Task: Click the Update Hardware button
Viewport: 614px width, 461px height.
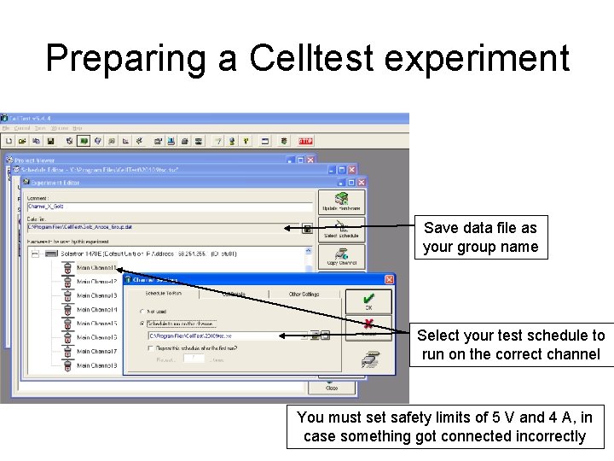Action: [x=342, y=201]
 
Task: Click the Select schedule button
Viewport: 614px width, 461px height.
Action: [x=342, y=229]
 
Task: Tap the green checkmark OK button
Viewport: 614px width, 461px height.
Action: [x=368, y=301]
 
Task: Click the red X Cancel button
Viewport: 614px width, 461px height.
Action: [x=368, y=328]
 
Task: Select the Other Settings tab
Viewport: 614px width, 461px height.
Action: [x=304, y=294]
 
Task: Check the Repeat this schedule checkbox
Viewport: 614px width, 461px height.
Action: [x=150, y=348]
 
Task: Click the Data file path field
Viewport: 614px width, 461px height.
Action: [x=162, y=228]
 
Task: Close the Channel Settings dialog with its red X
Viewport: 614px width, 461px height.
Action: [x=389, y=279]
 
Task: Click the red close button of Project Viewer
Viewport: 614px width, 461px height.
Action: [x=310, y=160]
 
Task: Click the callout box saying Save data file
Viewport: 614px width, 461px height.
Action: [x=480, y=237]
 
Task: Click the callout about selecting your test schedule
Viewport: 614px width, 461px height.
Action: [x=511, y=345]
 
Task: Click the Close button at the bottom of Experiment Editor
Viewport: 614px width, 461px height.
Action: [x=332, y=388]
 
